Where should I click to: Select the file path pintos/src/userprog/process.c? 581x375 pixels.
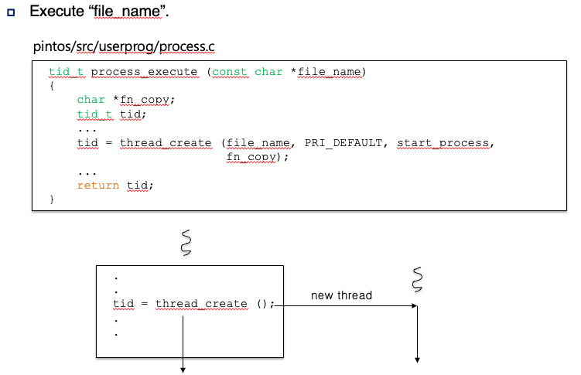pos(124,46)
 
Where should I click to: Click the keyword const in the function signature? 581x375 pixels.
pos(230,72)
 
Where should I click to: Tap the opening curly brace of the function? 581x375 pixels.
pos(52,86)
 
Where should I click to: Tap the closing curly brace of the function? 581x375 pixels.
pos(52,199)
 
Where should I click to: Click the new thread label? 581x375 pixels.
pos(341,295)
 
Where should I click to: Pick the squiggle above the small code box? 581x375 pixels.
pos(185,242)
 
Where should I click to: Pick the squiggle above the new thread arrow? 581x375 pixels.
pos(419,280)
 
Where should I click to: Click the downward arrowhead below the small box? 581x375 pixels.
pos(184,368)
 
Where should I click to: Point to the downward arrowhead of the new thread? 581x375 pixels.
pos(418,359)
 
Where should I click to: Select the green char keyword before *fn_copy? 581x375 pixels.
pos(91,100)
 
